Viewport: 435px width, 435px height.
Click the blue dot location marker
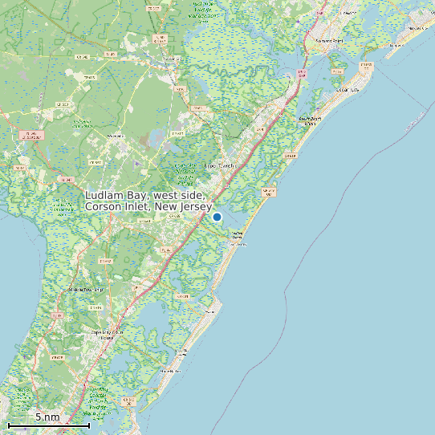tap(217, 217)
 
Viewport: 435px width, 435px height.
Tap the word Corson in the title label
tap(105, 207)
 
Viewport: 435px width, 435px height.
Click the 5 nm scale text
tap(47, 417)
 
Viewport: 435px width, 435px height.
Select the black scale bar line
tap(48, 425)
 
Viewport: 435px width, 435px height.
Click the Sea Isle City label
tap(235, 236)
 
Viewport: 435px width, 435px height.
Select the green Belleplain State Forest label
tap(81, 123)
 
